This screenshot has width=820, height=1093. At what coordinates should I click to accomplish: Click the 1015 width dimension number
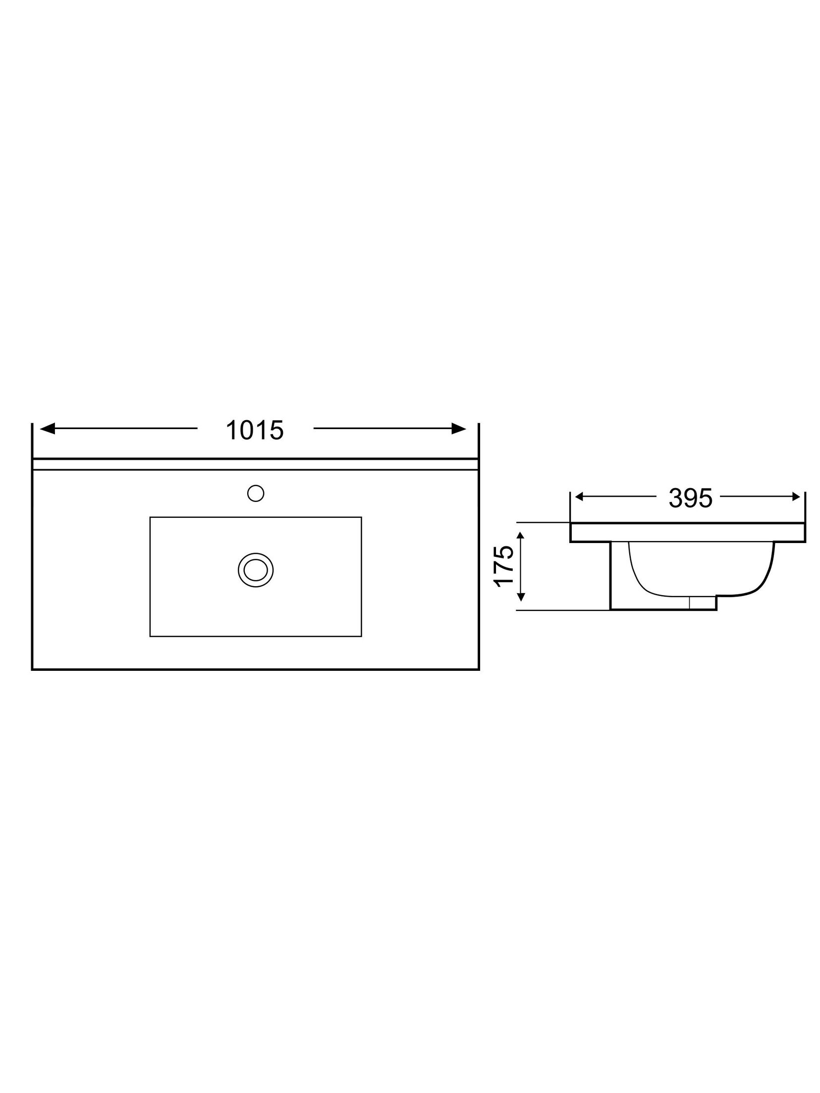tap(254, 430)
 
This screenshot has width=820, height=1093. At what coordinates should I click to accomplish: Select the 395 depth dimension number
tap(690, 498)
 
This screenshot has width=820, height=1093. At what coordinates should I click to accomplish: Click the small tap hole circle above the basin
tap(255, 493)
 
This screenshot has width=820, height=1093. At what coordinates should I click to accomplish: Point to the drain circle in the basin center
tap(255, 570)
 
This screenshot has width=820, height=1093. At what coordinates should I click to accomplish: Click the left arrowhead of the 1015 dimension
tap(47, 429)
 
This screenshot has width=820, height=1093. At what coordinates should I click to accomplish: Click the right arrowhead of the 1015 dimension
tap(459, 429)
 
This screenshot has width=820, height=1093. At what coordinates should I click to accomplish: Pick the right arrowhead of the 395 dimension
tap(796, 496)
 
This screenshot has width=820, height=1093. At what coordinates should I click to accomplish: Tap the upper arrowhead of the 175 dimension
tap(520, 535)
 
